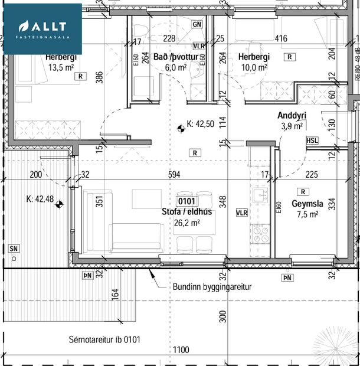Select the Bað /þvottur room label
click(170, 57)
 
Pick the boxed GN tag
click(197, 24)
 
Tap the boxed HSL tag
click(313, 140)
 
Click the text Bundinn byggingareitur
click(212, 287)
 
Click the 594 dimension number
click(173, 174)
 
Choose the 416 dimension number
click(281, 39)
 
